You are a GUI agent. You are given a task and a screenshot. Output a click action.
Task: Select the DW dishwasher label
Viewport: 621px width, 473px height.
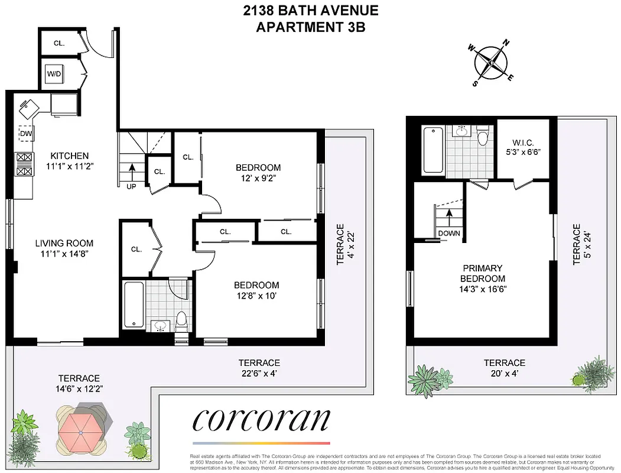tap(25, 134)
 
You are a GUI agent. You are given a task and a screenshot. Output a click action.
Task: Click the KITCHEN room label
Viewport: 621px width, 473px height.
tap(69, 156)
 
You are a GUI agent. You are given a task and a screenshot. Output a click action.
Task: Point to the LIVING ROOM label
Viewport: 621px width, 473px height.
tap(64, 243)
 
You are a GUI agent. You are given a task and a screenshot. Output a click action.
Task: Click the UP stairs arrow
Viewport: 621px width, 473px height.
tap(131, 171)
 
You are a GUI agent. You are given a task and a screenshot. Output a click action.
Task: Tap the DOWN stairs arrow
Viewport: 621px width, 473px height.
tap(449, 219)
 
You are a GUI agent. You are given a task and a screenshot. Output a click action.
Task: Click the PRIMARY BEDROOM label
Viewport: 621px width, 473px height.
tap(483, 273)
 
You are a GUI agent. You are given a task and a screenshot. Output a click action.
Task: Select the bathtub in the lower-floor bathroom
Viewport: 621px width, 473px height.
tap(133, 306)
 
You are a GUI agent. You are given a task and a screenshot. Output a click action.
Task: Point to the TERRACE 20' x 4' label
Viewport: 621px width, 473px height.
tap(504, 368)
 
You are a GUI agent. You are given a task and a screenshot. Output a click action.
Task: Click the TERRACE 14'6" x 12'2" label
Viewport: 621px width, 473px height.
tap(79, 383)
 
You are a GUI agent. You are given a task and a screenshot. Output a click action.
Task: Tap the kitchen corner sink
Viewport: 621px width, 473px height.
tap(29, 108)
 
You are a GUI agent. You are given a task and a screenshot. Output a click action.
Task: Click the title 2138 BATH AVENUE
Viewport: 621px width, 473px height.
tap(310, 10)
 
